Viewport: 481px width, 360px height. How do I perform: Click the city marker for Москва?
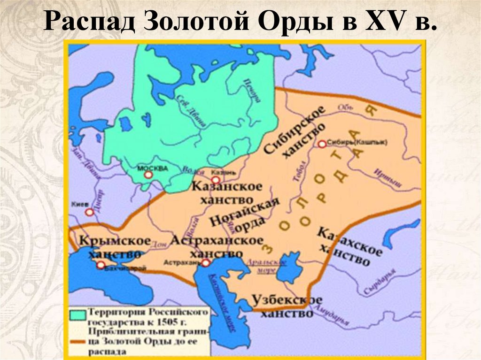148,175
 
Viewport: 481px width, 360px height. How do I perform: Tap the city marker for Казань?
216,180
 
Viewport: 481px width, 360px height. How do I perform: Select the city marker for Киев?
90,212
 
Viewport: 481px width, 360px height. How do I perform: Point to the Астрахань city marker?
205,263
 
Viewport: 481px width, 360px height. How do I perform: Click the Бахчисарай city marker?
101,265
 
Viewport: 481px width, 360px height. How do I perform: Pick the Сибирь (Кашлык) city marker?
322,145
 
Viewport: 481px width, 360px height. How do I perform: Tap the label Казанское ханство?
226,193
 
